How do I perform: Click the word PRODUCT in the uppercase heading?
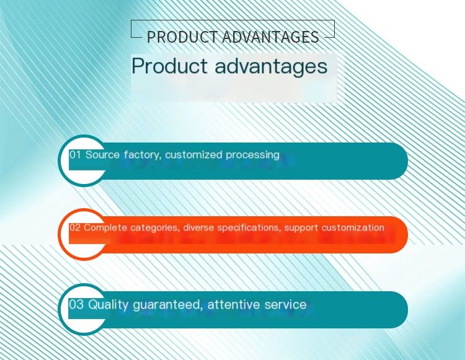[182, 37]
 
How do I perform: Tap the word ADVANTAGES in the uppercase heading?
[270, 37]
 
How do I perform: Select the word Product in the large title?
[169, 66]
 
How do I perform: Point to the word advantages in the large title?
[271, 67]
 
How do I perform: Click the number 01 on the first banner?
[75, 155]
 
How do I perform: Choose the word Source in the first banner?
[102, 155]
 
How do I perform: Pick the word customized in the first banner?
[193, 155]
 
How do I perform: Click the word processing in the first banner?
[253, 156]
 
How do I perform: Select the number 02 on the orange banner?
[75, 227]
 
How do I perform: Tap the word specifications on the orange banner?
[249, 228]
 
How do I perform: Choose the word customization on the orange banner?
[353, 227]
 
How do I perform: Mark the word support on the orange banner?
[301, 228]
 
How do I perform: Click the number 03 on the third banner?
[76, 305]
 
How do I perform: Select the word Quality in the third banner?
[108, 305]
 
